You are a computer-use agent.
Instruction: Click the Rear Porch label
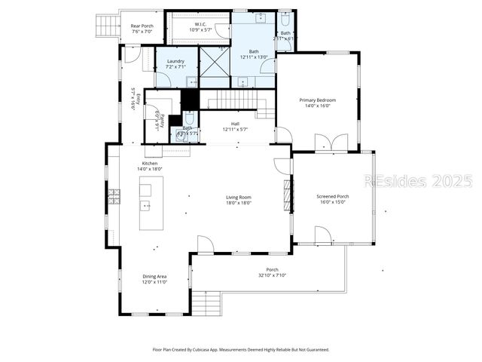tap(142, 26)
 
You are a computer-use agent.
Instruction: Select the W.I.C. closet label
tap(200, 24)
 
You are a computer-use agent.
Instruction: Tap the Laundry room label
tap(175, 61)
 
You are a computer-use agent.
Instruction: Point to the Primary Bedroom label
tap(317, 100)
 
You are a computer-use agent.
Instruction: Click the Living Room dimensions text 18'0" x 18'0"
tap(239, 203)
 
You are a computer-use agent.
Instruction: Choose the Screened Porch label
tap(332, 197)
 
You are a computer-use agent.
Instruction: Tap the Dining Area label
tap(154, 277)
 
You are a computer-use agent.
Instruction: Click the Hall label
tap(235, 124)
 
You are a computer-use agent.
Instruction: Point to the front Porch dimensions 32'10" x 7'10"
tap(272, 275)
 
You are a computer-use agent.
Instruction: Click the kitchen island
tap(146, 205)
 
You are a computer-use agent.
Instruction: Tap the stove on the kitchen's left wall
tap(114, 198)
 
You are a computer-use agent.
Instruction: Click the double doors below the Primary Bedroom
tap(331, 143)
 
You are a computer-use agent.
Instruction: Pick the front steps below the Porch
tap(206, 304)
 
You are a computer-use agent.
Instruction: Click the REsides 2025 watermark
tap(418, 182)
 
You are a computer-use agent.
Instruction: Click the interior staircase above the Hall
tap(233, 99)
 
